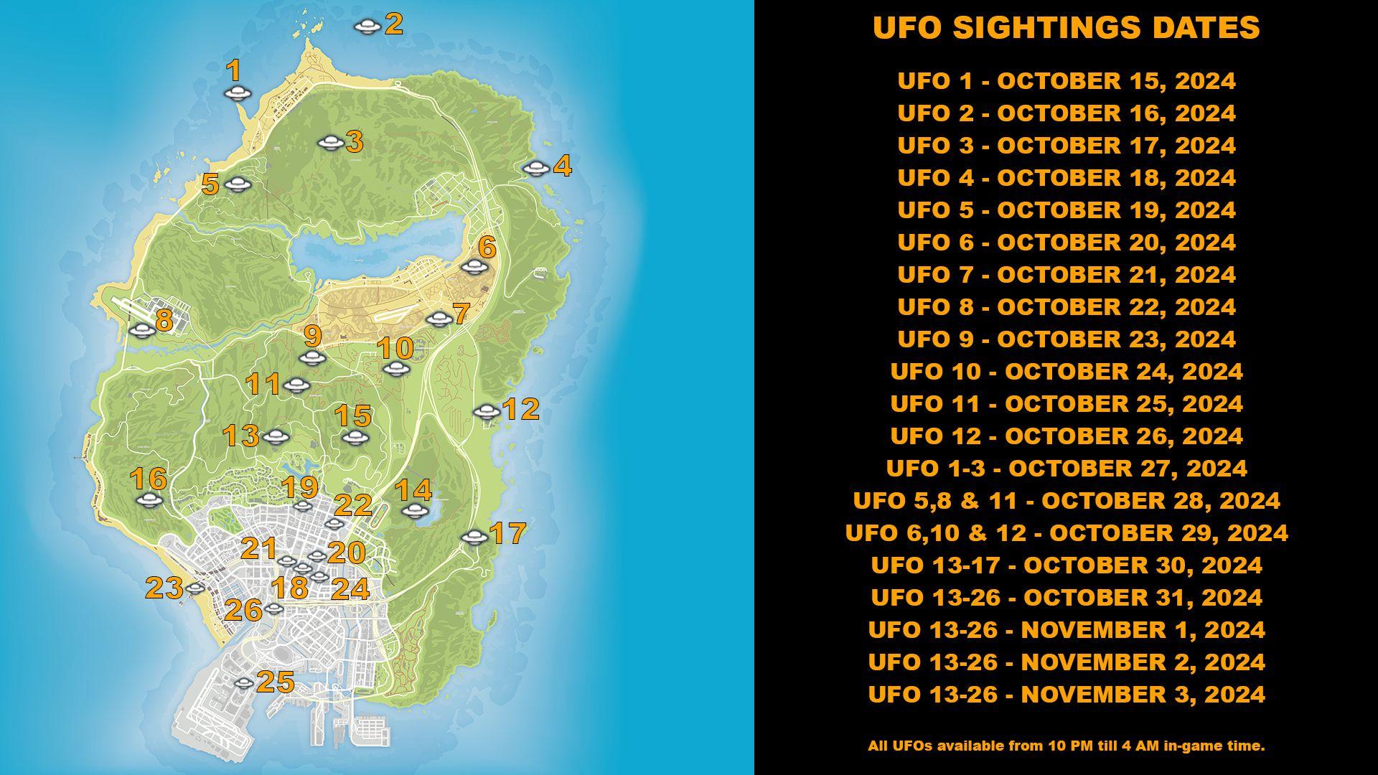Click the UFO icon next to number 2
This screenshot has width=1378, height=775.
click(x=367, y=27)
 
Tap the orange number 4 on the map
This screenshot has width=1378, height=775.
click(x=562, y=166)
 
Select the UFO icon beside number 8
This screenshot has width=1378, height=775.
click(x=142, y=330)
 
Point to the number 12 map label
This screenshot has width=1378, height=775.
click(x=521, y=409)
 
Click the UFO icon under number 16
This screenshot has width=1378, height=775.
click(x=149, y=500)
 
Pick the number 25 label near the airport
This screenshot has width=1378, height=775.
click(x=276, y=682)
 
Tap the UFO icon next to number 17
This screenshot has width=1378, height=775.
click(x=474, y=537)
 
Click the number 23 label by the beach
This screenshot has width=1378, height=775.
click(x=164, y=588)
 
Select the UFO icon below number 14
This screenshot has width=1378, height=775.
click(x=414, y=511)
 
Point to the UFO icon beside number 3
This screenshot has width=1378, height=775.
click(x=330, y=143)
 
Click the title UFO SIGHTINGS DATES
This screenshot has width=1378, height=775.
click(x=1066, y=27)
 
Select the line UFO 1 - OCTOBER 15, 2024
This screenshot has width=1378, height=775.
click(x=1066, y=81)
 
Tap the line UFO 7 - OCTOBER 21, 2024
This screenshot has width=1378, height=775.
click(x=1066, y=275)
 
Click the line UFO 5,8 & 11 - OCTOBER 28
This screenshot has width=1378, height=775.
click(x=1066, y=501)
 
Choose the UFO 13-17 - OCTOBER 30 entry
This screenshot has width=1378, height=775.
click(x=1066, y=565)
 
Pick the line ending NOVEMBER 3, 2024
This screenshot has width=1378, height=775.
click(x=1066, y=695)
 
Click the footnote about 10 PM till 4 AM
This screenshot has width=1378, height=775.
click(x=1066, y=746)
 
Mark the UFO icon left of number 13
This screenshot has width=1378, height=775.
click(x=274, y=437)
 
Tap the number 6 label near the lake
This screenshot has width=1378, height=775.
click(x=487, y=248)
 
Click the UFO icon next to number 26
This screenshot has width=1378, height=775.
click(x=273, y=609)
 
